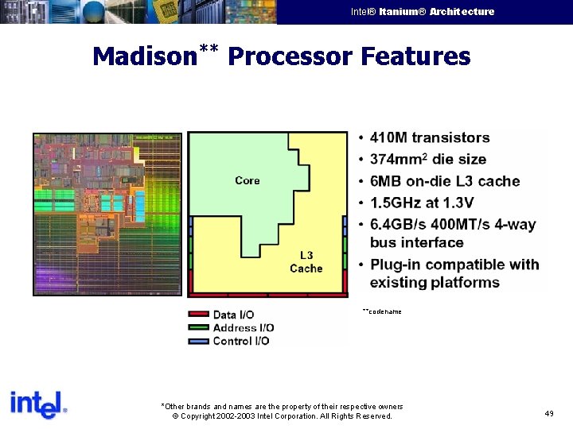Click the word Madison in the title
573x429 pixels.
point(144,56)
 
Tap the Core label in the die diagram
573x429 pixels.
point(248,180)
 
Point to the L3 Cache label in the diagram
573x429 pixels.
point(306,262)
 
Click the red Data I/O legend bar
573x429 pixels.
point(198,315)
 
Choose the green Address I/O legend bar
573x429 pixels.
point(198,327)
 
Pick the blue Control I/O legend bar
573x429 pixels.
point(198,341)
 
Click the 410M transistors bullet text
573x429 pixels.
point(430,138)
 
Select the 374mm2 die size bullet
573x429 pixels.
point(428,160)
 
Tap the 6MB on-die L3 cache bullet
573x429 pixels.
point(445,181)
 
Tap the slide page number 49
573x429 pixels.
point(549,414)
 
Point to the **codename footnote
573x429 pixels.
point(382,311)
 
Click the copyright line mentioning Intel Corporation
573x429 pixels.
point(283,416)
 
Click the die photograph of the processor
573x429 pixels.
point(107,214)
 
